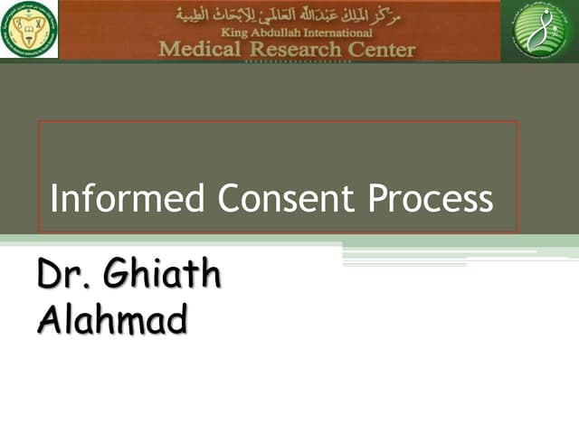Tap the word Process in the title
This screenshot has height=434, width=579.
431,198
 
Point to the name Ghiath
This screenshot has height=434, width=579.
162,275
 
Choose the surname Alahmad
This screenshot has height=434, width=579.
112,318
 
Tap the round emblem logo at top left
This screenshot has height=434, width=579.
28,30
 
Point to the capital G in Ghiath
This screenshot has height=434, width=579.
117,275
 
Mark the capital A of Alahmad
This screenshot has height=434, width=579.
49,318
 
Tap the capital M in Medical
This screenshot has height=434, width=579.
170,48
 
